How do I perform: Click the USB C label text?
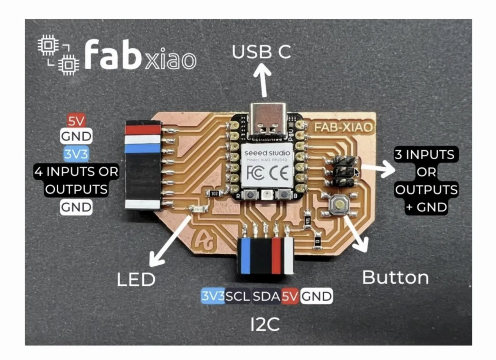261,52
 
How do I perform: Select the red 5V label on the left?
76,121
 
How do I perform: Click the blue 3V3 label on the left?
76,154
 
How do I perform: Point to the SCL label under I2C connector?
238,296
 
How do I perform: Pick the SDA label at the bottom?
266,296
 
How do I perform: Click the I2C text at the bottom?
265,324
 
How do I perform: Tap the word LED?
136,280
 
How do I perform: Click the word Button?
395,277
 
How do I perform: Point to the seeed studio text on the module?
267,153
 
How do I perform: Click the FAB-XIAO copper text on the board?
343,127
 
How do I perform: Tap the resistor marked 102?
214,193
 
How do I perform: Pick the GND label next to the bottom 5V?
316,296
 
